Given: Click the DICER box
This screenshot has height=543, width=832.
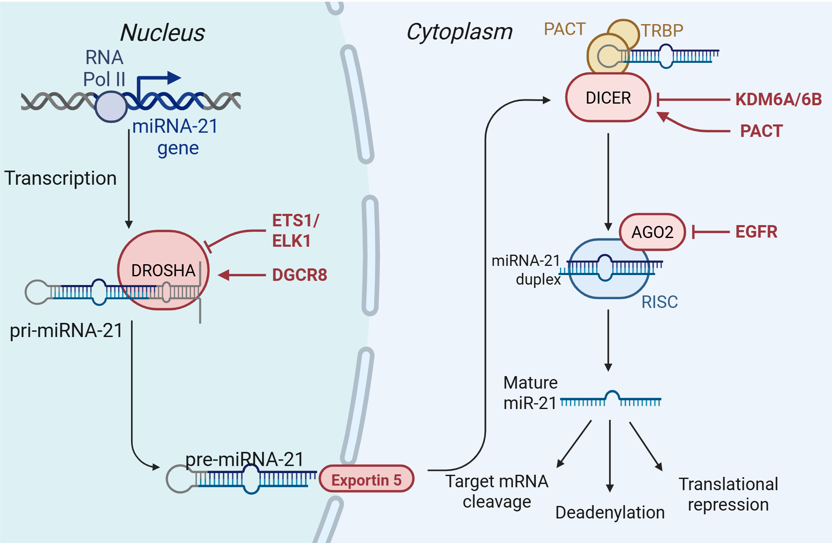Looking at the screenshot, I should tap(608, 98).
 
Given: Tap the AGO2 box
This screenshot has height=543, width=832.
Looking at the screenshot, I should tap(652, 232).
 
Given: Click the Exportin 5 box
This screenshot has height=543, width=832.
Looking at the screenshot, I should tap(366, 479).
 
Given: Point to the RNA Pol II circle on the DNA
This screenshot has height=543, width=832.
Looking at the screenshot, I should tap(111, 107).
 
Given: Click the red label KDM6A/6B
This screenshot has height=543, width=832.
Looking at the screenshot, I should tap(778, 99).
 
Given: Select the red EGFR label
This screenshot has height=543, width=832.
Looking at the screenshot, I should tap(756, 232).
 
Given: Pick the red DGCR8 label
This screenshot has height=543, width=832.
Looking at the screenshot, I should tap(300, 275).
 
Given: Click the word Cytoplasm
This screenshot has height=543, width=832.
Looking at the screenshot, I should tap(459, 32).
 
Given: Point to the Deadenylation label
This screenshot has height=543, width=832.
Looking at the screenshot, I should tap(610, 512).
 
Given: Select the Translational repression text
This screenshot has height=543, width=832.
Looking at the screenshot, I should tap(728, 494).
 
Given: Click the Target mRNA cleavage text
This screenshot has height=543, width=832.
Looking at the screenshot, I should tap(497, 491).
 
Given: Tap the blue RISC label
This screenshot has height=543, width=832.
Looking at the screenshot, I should tap(659, 302).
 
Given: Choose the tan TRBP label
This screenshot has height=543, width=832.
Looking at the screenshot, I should tap(662, 30).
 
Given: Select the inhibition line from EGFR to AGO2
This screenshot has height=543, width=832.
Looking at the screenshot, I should tap(711, 232).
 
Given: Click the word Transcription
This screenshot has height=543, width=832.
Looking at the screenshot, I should tap(61, 178).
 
